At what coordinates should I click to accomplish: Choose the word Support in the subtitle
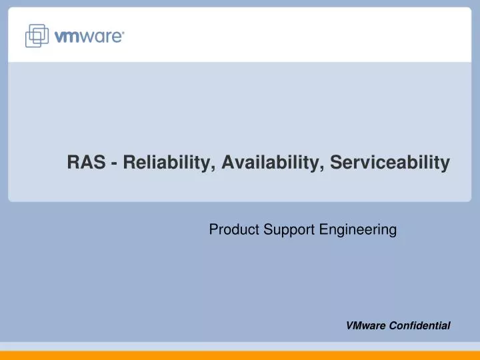pos(285,230)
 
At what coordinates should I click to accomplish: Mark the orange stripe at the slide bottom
pos(240,355)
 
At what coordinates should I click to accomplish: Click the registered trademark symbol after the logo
pos(123,32)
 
